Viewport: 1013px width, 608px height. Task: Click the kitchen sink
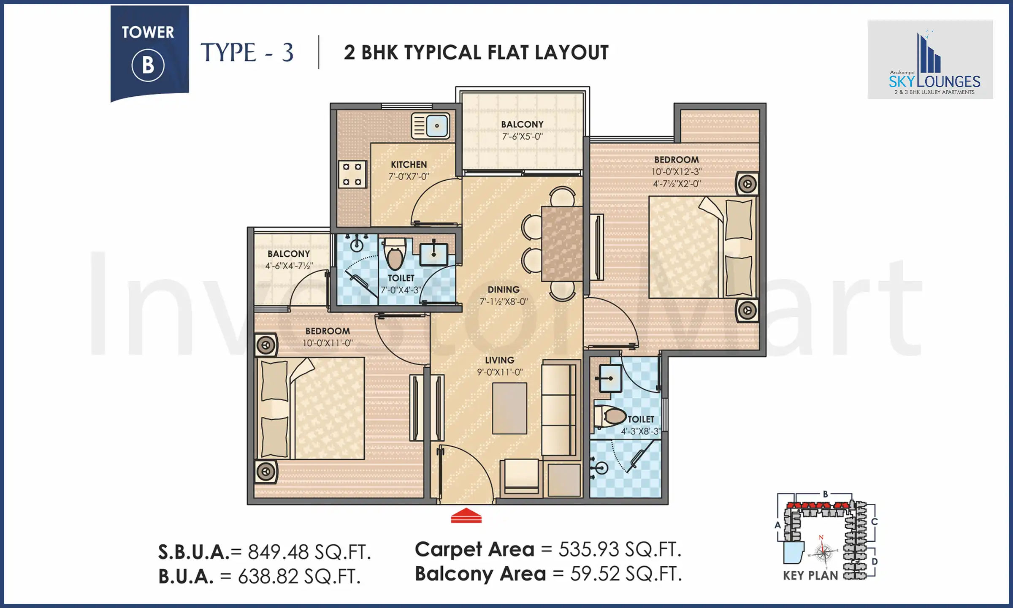click(x=431, y=126)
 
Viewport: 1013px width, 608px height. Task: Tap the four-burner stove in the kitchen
click(x=352, y=174)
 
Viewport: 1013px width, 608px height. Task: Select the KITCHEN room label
click(x=409, y=165)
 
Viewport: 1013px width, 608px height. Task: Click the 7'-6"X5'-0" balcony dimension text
click(x=522, y=136)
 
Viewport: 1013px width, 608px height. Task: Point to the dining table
click(x=562, y=244)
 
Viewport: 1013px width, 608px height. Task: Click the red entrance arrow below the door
click(x=466, y=516)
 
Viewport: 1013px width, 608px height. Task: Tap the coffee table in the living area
click(x=509, y=408)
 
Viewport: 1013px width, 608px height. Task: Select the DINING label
click(x=503, y=290)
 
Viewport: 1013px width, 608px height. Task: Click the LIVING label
click(x=499, y=360)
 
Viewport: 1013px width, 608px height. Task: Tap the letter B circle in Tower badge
click(x=148, y=65)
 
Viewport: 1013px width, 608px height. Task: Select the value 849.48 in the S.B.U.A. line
click(x=279, y=552)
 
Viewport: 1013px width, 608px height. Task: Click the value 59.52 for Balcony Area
click(x=595, y=574)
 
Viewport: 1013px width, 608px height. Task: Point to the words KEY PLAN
click(x=810, y=575)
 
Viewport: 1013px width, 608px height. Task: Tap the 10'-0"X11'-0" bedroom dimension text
click(x=328, y=343)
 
